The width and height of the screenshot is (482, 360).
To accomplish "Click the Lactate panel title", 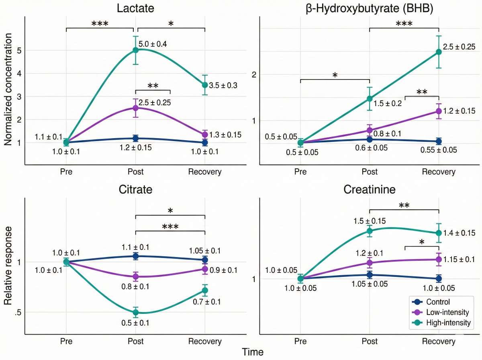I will coord(135,8).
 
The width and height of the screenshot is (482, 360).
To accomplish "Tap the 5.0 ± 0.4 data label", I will coord(153,43).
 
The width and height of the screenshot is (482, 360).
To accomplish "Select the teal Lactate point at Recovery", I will coord(205,85).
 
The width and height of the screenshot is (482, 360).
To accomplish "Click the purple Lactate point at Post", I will coord(136,108).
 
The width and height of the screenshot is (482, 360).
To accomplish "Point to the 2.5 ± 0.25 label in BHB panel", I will coord(459,47).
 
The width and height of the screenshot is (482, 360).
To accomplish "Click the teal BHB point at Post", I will coord(370,98).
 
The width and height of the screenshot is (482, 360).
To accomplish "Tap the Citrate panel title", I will coord(135,189).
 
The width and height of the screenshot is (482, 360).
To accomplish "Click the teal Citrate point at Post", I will coord(136,312).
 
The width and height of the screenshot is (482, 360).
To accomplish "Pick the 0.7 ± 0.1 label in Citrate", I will coord(206,302).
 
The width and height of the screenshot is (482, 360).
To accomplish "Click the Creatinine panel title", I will coord(370,189).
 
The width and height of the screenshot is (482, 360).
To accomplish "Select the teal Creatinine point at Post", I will coord(370,231).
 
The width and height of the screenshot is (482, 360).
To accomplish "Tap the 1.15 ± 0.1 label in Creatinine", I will coord(459,260).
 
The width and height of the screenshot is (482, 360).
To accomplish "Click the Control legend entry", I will coord(438,302).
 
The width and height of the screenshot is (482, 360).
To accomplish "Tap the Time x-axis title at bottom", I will coord(253,352).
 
